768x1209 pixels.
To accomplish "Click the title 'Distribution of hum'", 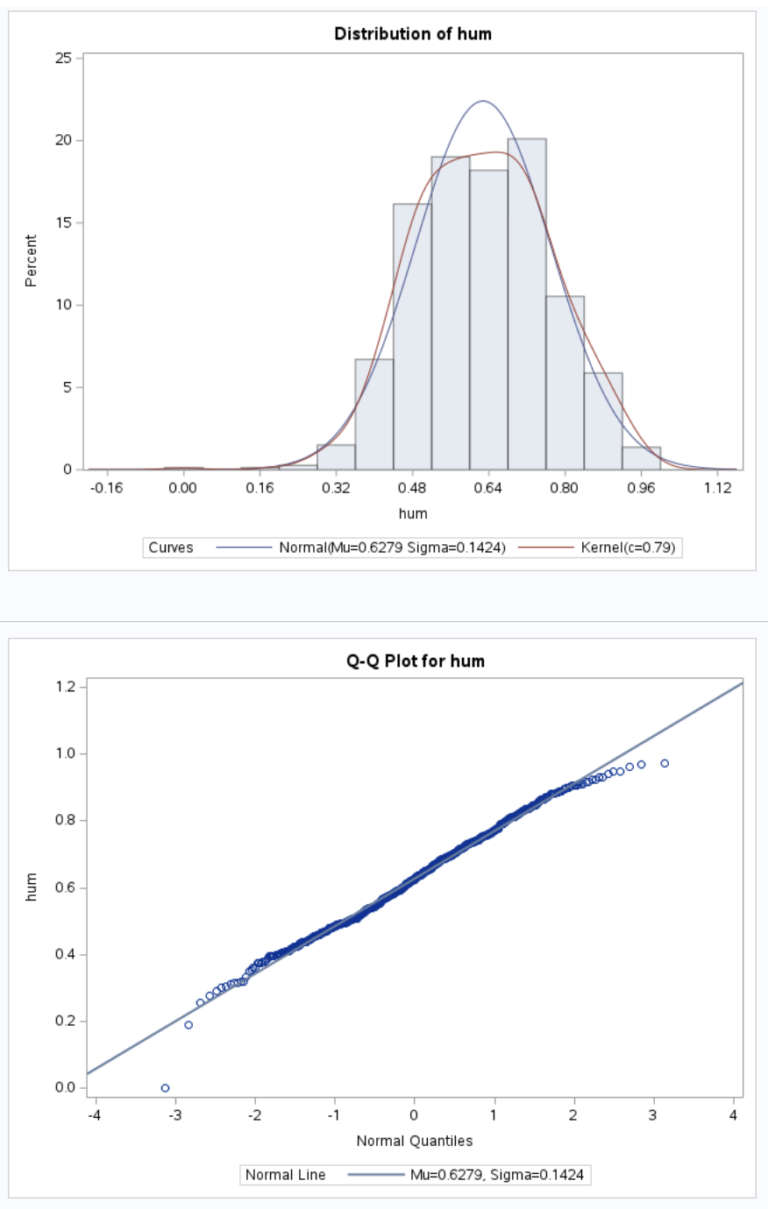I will click(413, 34).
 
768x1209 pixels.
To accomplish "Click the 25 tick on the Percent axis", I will click(63, 58).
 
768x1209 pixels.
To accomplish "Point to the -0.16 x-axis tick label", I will click(106, 487).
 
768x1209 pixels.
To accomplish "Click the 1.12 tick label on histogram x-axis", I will click(717, 487).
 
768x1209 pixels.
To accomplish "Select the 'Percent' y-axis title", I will click(32, 260).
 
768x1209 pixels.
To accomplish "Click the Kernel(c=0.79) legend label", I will click(628, 548).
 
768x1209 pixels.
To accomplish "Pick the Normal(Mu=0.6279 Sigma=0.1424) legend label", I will click(392, 548).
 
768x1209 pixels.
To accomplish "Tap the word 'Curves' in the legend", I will click(171, 548).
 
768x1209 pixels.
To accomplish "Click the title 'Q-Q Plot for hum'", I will click(415, 661).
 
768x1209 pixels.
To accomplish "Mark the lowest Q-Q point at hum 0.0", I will click(165, 1088).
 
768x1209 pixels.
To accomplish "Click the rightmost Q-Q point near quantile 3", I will click(665, 764).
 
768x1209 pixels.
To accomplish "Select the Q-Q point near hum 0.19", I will click(188, 1025).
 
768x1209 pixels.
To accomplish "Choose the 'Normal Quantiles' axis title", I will click(414, 1141).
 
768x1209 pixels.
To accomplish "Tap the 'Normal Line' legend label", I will click(285, 1175).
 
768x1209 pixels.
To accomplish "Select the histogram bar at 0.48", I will click(412, 336).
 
